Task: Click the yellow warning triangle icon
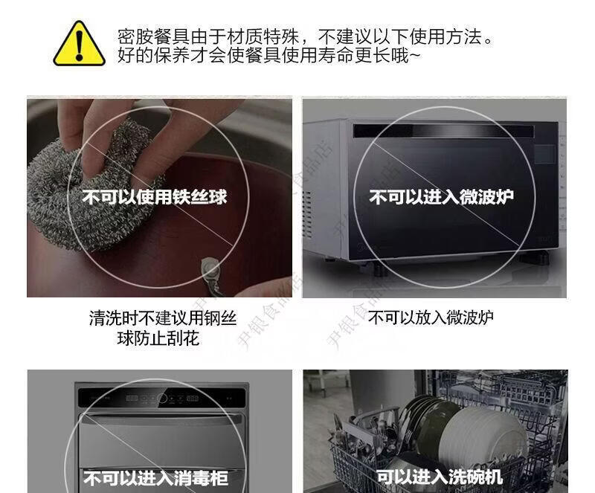pos(79,44)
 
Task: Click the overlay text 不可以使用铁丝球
pos(155,197)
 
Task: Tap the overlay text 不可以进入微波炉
pos(441,197)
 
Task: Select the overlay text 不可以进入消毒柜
pos(156,478)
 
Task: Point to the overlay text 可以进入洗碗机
pos(440,477)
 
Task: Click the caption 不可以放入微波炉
pos(431,318)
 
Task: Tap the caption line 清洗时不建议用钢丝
pos(163,318)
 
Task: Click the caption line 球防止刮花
pos(158,338)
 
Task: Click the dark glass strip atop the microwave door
pos(443,131)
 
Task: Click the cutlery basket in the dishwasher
pos(357,451)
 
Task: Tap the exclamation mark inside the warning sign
pos(79,45)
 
